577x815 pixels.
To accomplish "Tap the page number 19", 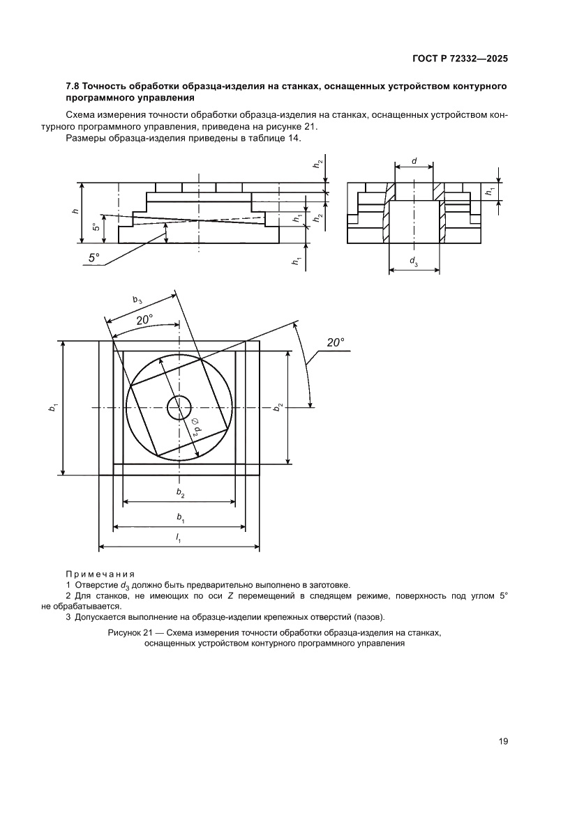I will click(502, 741).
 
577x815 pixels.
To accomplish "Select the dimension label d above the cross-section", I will click(414, 162).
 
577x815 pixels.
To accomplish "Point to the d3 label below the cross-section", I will click(414, 262).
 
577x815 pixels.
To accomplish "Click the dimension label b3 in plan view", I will click(137, 300).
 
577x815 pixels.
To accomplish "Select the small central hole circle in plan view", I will click(179, 408).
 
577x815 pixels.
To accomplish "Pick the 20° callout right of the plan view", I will click(336, 342).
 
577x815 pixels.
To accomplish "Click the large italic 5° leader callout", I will click(94, 258).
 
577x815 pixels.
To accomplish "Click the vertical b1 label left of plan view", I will click(53, 408).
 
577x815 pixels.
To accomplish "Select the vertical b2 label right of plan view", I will click(278, 407).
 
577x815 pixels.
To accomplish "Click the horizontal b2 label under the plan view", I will click(179, 493).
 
